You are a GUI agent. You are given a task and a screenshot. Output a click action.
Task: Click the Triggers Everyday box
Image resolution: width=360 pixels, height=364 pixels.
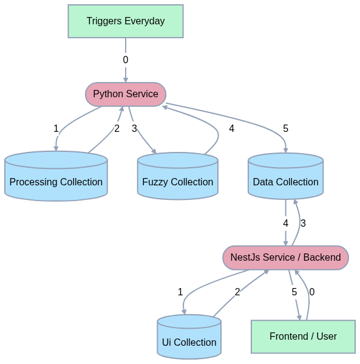[126, 21]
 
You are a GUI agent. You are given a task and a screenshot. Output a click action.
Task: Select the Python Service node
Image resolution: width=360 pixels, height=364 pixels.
[126, 94]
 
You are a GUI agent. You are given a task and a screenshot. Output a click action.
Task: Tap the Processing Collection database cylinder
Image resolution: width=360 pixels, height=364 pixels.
[56, 176]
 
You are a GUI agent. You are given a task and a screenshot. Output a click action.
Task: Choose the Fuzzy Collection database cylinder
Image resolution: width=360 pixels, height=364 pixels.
[178, 176]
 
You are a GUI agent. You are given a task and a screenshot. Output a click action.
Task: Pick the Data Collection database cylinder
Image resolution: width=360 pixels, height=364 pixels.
[285, 176]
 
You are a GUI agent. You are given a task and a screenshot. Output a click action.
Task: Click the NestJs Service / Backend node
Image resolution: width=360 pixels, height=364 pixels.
[285, 258]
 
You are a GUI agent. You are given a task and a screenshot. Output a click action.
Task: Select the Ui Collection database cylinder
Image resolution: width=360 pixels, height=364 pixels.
[189, 337]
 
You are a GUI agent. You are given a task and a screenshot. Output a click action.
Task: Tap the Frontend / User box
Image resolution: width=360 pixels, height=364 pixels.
[303, 337]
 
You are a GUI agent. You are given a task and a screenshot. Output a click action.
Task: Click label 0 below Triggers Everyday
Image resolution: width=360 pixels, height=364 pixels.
[126, 60]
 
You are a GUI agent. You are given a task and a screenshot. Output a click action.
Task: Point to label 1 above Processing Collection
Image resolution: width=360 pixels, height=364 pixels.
[56, 129]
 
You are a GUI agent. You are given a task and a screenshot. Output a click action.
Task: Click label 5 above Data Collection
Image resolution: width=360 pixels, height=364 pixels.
[285, 129]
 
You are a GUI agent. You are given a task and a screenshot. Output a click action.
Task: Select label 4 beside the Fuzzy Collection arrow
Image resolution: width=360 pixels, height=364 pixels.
[231, 129]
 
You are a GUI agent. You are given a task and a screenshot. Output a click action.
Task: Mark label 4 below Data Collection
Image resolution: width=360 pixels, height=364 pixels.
[285, 223]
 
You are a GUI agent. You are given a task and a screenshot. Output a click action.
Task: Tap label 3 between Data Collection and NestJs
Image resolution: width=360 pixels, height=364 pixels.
[303, 223]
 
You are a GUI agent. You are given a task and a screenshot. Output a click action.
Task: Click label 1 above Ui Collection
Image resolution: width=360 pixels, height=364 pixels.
[180, 292]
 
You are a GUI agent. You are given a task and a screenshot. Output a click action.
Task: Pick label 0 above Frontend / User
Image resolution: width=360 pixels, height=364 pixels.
[312, 292]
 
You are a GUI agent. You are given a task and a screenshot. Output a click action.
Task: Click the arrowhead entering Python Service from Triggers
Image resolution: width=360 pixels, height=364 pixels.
[126, 80]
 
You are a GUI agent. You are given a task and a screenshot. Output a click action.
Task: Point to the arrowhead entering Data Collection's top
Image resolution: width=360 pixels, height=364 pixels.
[285, 149]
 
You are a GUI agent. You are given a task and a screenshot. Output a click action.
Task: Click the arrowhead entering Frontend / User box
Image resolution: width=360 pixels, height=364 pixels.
[299, 317]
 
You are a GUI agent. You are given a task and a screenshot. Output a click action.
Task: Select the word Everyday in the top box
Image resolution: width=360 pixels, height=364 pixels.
[144, 21]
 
